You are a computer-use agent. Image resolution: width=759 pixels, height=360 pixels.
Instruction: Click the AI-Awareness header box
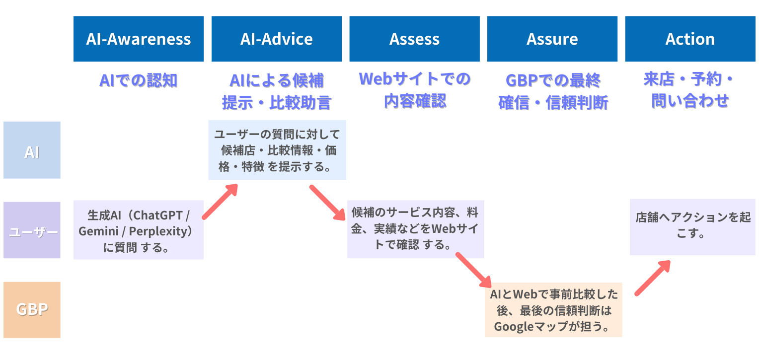click(x=139, y=39)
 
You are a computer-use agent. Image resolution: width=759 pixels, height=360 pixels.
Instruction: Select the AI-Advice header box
click(x=277, y=39)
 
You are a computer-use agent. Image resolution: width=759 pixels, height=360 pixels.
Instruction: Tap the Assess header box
click(x=414, y=39)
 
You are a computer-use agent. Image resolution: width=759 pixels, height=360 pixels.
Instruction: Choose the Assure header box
click(x=552, y=39)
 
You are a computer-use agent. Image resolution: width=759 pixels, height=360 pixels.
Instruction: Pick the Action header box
click(x=690, y=39)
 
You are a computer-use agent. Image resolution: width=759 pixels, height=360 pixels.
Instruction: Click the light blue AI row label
click(x=32, y=150)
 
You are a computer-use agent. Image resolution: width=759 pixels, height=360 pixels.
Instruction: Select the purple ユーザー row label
click(x=32, y=230)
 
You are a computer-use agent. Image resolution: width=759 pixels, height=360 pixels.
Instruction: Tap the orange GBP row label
click(x=32, y=310)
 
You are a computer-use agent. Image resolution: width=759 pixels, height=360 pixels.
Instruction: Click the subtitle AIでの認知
click(x=139, y=80)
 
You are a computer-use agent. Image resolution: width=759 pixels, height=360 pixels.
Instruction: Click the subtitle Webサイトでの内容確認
click(x=415, y=90)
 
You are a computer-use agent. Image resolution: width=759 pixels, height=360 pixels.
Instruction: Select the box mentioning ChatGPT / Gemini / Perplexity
click(x=139, y=230)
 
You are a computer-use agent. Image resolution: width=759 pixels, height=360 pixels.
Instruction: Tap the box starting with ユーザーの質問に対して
click(x=277, y=150)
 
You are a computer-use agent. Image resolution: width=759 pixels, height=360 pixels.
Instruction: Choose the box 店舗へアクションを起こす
click(x=692, y=227)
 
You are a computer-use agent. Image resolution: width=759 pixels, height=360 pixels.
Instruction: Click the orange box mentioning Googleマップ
click(x=553, y=310)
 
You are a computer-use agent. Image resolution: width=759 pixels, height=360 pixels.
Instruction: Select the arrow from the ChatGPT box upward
click(x=220, y=202)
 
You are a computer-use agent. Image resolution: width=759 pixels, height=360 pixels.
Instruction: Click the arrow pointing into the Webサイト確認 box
click(x=327, y=203)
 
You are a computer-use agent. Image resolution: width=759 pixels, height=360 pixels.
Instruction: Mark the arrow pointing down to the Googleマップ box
click(x=474, y=270)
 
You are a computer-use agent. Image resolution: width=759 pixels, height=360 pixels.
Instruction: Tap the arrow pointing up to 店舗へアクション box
click(x=653, y=278)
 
